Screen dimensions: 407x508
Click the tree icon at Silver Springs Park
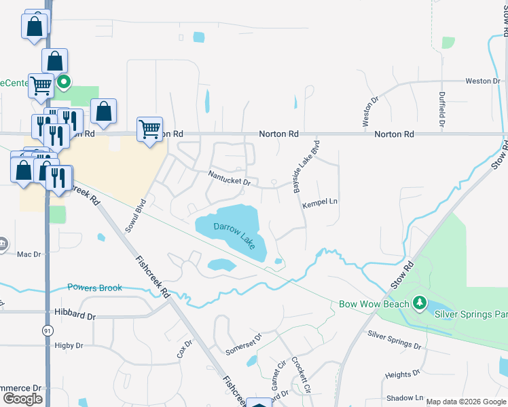(420, 302)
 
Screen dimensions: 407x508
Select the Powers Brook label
(95, 288)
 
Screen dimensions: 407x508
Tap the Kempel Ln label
(320, 202)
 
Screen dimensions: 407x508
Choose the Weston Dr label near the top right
(482, 81)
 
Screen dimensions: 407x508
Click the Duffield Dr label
(441, 110)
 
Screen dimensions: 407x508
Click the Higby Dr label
(69, 345)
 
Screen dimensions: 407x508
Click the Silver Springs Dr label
(394, 340)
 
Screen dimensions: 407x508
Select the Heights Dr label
(402, 374)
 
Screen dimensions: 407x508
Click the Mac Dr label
(29, 254)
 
